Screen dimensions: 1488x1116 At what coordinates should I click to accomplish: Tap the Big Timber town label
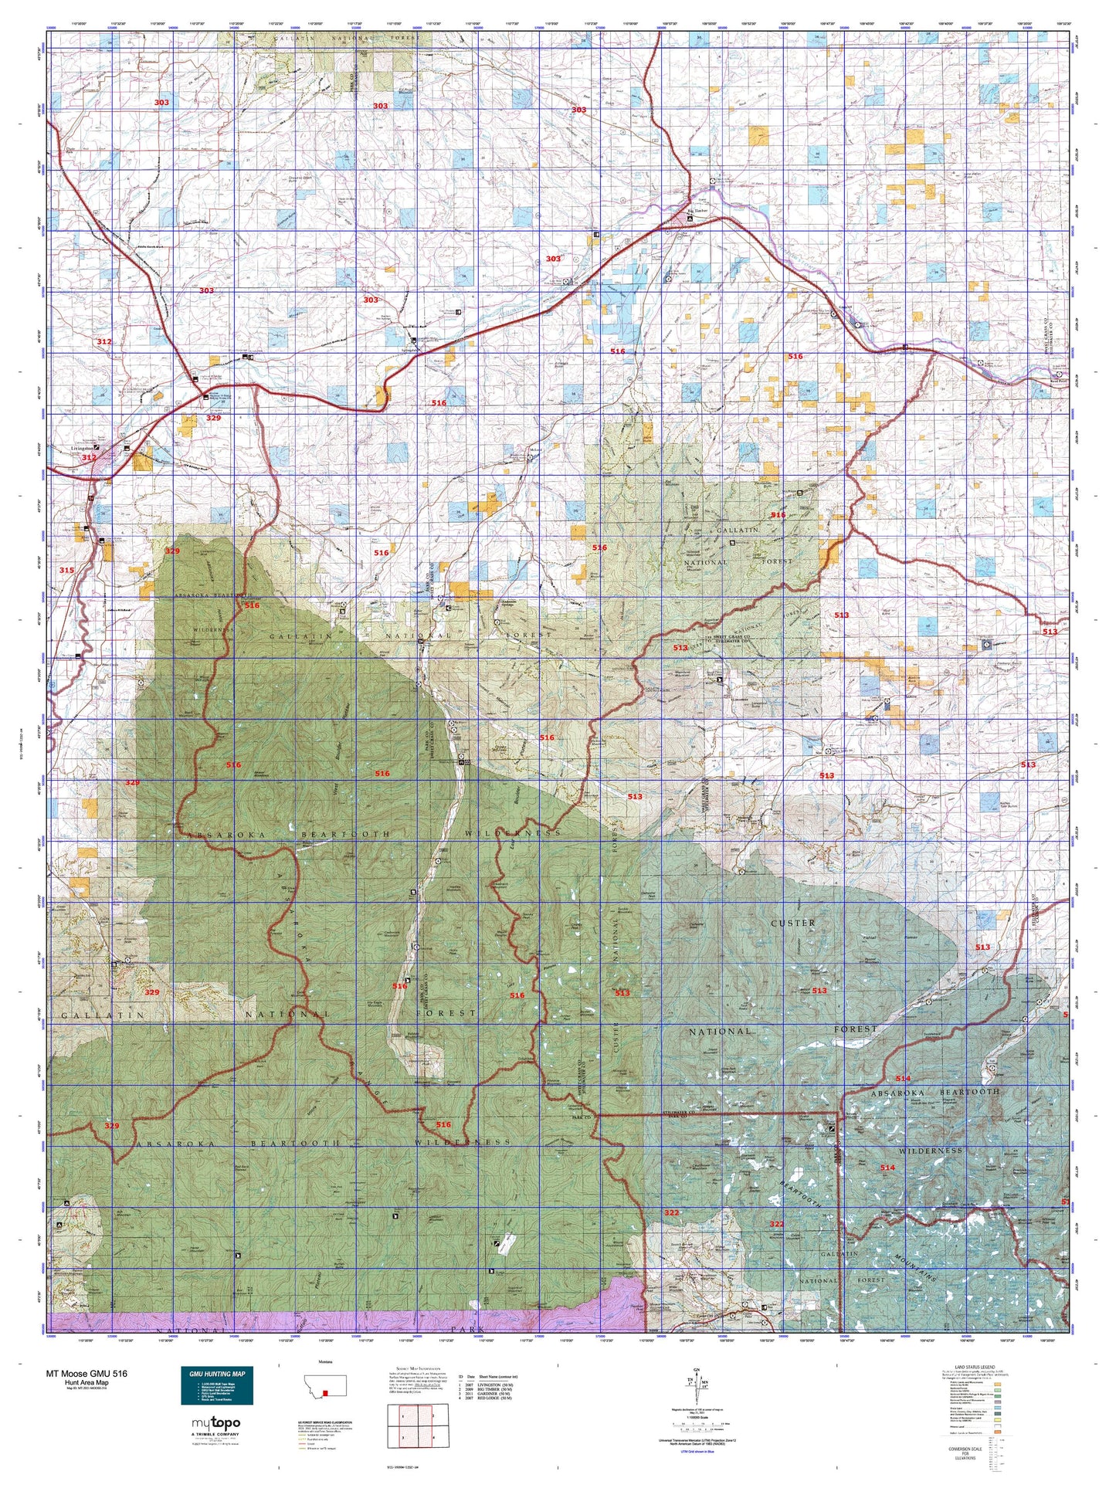coord(697,209)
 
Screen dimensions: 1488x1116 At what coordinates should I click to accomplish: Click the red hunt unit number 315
coord(67,570)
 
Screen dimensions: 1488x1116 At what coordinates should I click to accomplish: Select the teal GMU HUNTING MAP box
coord(216,1385)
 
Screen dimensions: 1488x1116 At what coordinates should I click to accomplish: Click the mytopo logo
coord(215,1423)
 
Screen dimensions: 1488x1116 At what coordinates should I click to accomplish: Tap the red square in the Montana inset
coord(325,1393)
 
